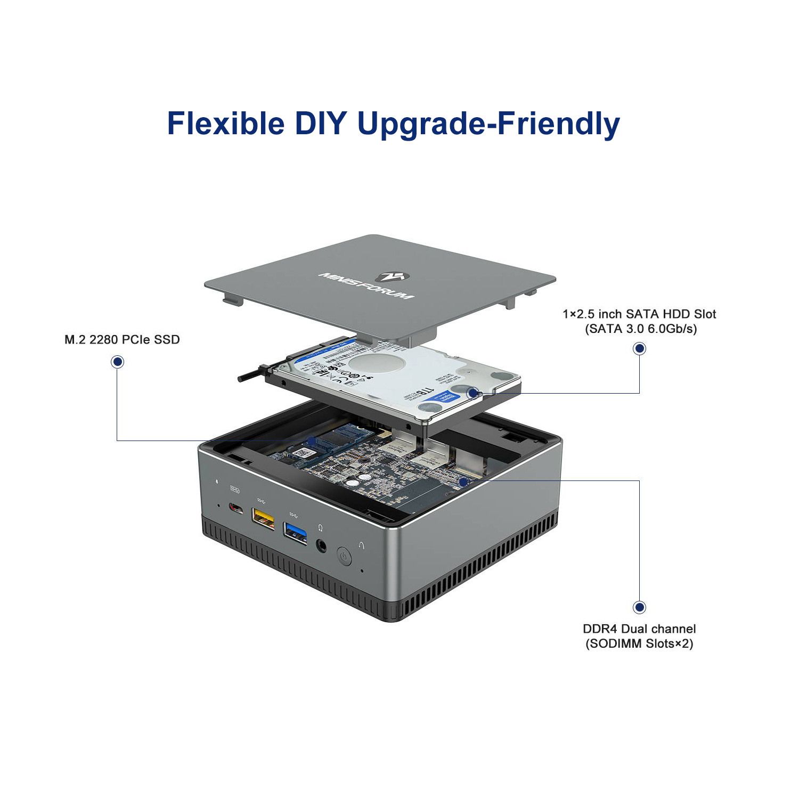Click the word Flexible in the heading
(x=226, y=124)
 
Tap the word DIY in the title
(x=321, y=124)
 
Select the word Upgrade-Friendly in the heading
(x=488, y=124)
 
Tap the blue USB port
(x=296, y=532)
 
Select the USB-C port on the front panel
(x=236, y=507)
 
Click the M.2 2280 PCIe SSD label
(x=122, y=340)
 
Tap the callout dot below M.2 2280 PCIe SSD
(x=117, y=362)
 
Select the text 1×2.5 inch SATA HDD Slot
(x=639, y=314)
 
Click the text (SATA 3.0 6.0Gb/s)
(x=641, y=329)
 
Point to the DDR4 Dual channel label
(x=639, y=629)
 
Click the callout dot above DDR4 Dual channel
(x=639, y=607)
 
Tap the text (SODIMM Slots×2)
(x=639, y=643)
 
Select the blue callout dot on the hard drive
(x=472, y=393)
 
